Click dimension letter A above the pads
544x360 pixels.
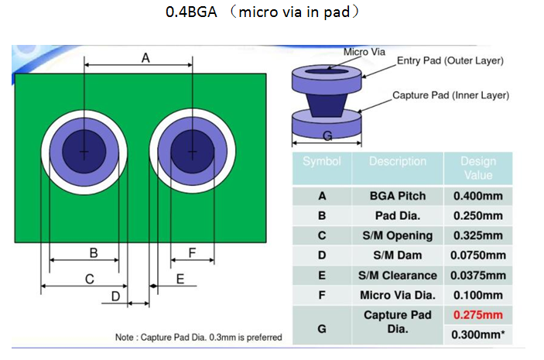pyautogui.click(x=145, y=57)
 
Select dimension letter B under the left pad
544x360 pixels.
pyautogui.click(x=93, y=252)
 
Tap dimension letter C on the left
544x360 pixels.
pyautogui.click(x=89, y=279)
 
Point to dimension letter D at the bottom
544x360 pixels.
pyautogui.click(x=115, y=297)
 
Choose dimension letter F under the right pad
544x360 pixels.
pyautogui.click(x=192, y=252)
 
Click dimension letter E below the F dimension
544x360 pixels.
pyautogui.click(x=180, y=279)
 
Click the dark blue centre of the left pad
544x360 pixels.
pyautogui.click(x=84, y=149)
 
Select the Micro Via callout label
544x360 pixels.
pyautogui.click(x=364, y=52)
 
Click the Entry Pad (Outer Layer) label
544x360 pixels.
pyautogui.click(x=450, y=60)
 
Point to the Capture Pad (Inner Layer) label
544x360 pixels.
pyautogui.click(x=450, y=95)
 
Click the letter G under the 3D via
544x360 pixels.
pyautogui.click(x=327, y=137)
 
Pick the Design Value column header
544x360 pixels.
pyautogui.click(x=477, y=168)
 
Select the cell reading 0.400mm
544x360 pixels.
pyautogui.click(x=477, y=196)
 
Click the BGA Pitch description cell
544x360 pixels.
pyautogui.click(x=398, y=196)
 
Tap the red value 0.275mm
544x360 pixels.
pyautogui.click(x=477, y=315)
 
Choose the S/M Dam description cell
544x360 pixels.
pyautogui.click(x=398, y=255)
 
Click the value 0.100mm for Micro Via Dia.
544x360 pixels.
pyautogui.click(x=477, y=295)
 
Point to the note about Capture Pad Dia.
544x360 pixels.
pyautogui.click(x=198, y=338)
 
